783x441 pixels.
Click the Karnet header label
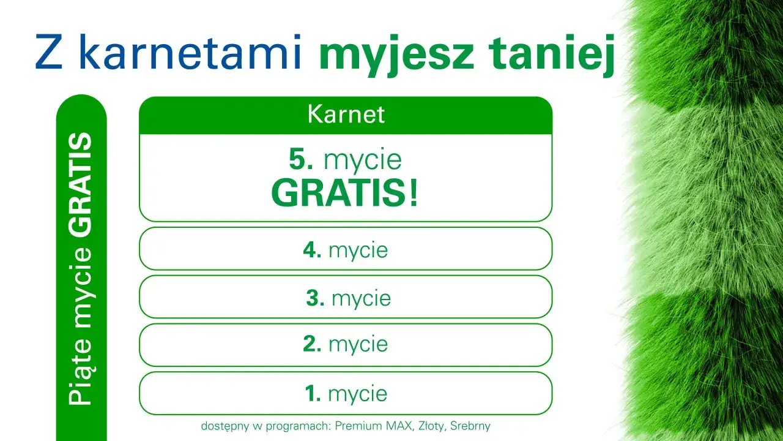pyautogui.click(x=346, y=115)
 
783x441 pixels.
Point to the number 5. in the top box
pyautogui.click(x=302, y=160)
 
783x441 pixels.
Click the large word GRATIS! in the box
pyautogui.click(x=345, y=193)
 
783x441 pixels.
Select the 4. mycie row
pyautogui.click(x=346, y=250)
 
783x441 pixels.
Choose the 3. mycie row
pyautogui.click(x=346, y=298)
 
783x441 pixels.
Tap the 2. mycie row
pyautogui.click(x=346, y=344)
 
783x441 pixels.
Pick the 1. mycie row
pyautogui.click(x=346, y=393)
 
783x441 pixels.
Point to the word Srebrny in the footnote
pyautogui.click(x=470, y=426)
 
